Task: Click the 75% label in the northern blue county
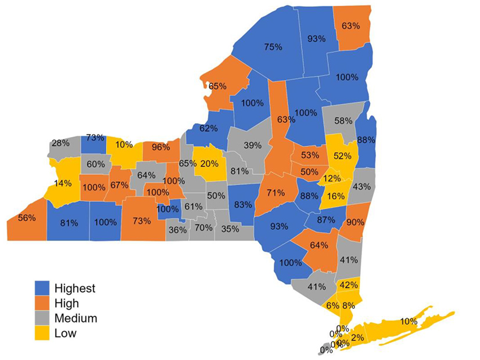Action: click(x=273, y=46)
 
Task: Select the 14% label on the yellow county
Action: click(x=63, y=183)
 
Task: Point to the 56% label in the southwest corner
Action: click(x=27, y=218)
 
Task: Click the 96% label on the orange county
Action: click(x=160, y=147)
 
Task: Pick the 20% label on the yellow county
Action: click(x=209, y=163)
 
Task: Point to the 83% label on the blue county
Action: click(x=243, y=204)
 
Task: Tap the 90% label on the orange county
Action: click(x=355, y=222)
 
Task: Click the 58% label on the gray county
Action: click(x=343, y=121)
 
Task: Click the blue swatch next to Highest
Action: click(x=42, y=287)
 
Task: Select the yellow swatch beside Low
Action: click(x=42, y=333)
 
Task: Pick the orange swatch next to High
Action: click(x=42, y=303)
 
